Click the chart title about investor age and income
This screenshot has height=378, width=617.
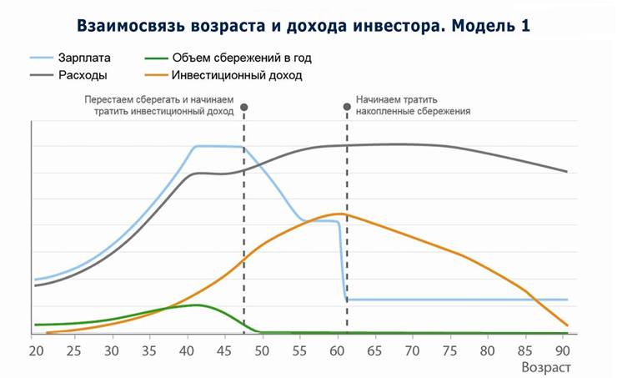pos(303,25)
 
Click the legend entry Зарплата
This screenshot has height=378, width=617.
pos(83,58)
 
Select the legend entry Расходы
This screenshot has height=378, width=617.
pos(82,75)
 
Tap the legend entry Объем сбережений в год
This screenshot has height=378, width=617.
pos(246,58)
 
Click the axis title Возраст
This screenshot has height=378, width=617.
pos(546,366)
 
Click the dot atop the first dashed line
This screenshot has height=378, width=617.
pos(243,107)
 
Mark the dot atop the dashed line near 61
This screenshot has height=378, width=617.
pos(347,107)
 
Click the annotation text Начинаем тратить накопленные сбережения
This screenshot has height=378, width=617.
pos(413,103)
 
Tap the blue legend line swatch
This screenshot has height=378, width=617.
pos(41,58)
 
